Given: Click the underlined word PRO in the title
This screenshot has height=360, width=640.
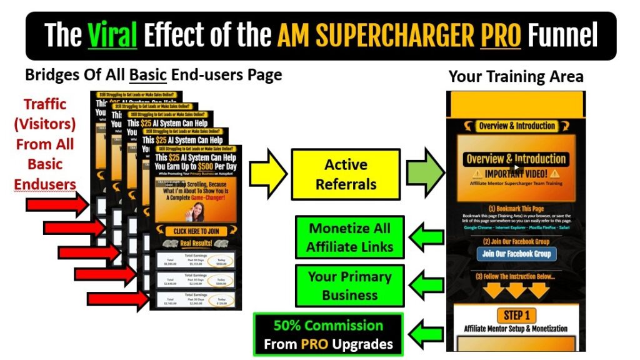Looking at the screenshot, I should coord(501,35).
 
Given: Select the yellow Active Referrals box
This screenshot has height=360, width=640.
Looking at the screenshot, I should coord(346,174).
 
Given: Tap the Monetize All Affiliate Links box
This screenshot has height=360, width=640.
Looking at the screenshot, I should coord(350,238).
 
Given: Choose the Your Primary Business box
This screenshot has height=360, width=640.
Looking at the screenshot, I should coord(350,285).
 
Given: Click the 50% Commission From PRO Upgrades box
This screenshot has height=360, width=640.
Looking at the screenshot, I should coord(327,334).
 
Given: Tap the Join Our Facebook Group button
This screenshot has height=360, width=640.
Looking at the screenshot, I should coord(516,254).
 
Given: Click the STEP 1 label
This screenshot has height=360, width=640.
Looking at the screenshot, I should coord(516,314).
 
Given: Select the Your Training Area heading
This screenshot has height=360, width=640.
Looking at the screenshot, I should coord(516,77).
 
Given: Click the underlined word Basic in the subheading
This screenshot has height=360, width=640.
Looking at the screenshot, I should coord(147,75).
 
